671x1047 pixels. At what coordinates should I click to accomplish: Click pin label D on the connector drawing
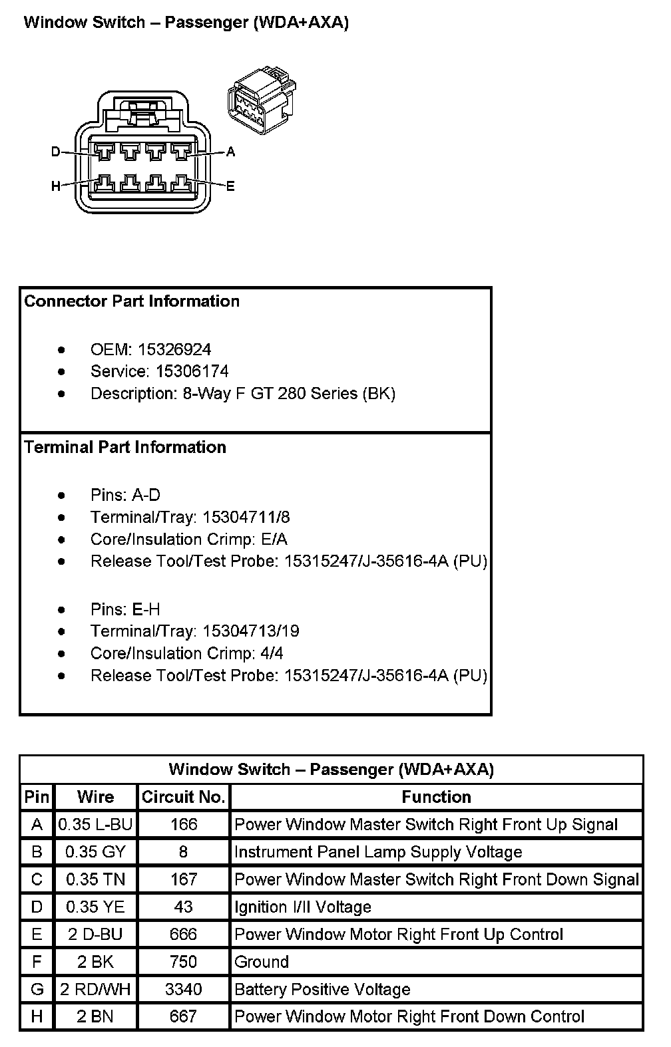point(56,152)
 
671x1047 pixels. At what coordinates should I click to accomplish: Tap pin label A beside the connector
point(230,152)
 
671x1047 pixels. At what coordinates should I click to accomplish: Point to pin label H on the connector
point(56,186)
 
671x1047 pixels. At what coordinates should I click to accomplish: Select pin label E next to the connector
point(230,186)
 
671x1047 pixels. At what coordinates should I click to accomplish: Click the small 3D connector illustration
point(262,100)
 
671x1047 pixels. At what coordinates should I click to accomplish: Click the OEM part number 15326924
point(174,350)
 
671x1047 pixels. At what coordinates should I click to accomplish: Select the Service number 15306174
point(192,372)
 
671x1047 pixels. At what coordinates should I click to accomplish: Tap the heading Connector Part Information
point(132,301)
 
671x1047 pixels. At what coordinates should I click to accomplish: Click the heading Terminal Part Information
point(125,447)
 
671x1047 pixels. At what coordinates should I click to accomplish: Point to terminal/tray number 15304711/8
point(246,518)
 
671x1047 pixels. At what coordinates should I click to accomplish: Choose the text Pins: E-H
point(125,609)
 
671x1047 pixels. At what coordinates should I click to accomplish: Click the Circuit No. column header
point(184,797)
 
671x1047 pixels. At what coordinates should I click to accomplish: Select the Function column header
point(436,797)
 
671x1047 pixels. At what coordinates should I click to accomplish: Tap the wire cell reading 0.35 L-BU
point(95,825)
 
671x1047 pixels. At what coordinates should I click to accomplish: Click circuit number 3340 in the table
point(183,990)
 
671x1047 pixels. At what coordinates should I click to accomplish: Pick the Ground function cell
point(262,962)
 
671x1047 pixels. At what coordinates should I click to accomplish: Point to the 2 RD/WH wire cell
point(95,990)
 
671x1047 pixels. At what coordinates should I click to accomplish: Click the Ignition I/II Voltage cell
point(302,907)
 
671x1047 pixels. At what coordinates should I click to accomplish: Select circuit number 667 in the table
point(183,1016)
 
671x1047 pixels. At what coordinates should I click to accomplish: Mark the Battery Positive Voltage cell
point(322,990)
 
